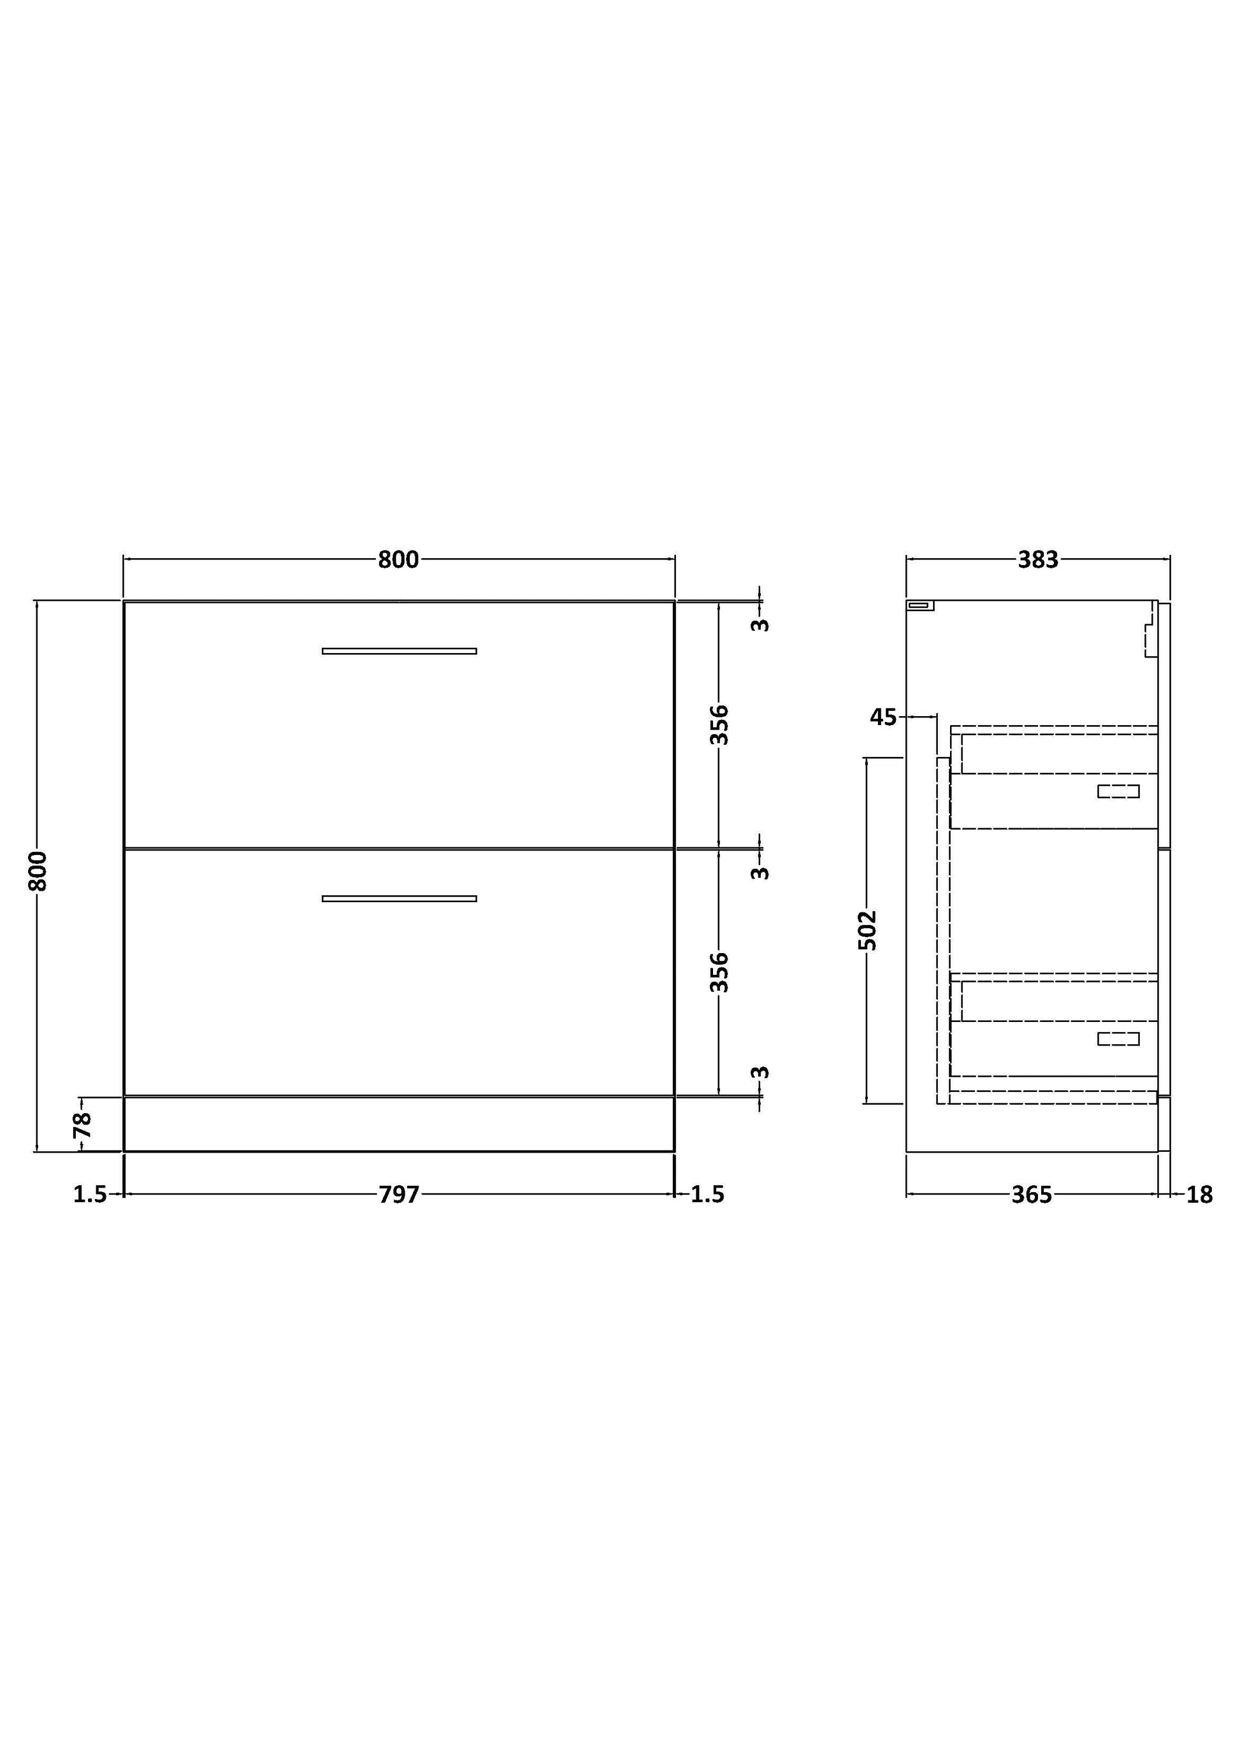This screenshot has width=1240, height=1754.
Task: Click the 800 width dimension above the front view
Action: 399,560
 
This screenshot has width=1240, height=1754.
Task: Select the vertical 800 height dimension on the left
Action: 38,872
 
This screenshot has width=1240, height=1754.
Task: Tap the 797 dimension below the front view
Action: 399,1194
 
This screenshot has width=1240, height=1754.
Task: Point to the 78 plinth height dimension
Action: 82,1125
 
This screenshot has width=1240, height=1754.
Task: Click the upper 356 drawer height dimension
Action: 719,725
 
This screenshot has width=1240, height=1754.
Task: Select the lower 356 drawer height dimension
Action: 719,972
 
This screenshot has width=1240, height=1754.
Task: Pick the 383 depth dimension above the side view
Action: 1037,560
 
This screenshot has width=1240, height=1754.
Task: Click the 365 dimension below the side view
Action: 1032,1194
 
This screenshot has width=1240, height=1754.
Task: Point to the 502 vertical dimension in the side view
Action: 867,930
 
